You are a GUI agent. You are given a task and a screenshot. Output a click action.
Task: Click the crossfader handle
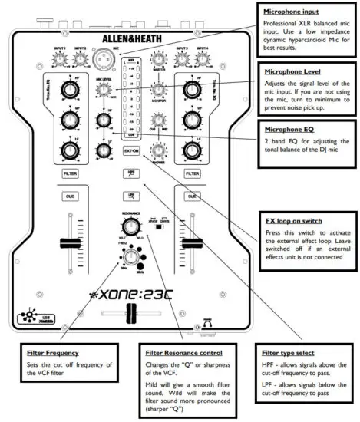pyautogui.click(x=131, y=314)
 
